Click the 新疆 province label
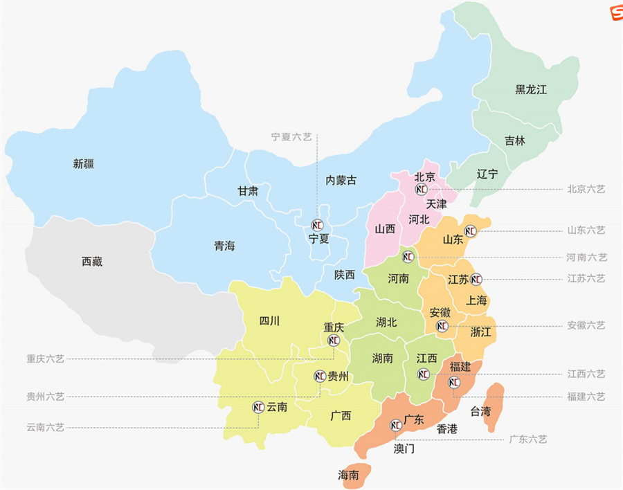click(x=83, y=164)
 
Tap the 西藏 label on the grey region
click(x=92, y=262)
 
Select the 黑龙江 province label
click(x=531, y=89)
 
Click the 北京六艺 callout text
click(x=586, y=189)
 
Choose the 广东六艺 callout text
click(x=527, y=439)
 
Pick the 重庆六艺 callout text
click(x=45, y=359)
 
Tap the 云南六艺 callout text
click(x=45, y=428)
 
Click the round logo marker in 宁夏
click(x=318, y=225)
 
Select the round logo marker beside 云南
click(x=259, y=407)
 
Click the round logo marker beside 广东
click(x=396, y=424)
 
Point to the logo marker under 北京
click(x=421, y=189)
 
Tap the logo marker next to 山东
click(x=471, y=231)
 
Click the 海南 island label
click(x=348, y=475)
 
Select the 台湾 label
click(x=480, y=412)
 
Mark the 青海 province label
click(x=224, y=246)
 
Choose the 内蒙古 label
click(x=341, y=180)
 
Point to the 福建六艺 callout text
click(x=586, y=397)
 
